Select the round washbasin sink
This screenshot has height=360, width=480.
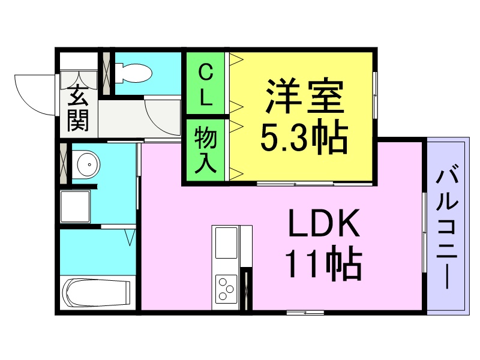click(x=88, y=163)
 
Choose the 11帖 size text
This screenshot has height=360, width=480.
click(x=324, y=265)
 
